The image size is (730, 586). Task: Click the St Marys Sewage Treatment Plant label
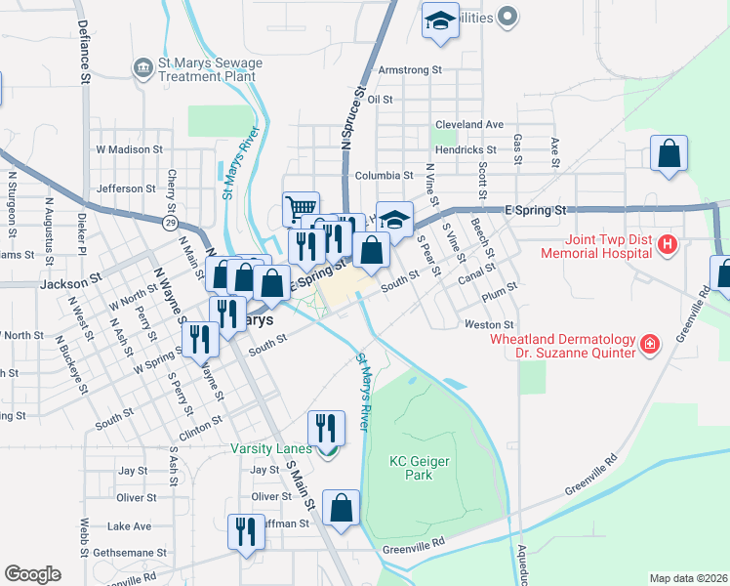click(209, 69)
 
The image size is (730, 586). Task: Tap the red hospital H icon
click(668, 243)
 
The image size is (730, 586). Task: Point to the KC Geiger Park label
click(410, 468)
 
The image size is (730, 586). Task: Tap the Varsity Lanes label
click(271, 449)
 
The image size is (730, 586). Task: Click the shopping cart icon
click(302, 209)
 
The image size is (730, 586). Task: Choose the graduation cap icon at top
click(440, 20)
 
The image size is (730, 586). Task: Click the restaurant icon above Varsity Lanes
click(326, 428)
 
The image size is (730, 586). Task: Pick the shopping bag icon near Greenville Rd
click(342, 509)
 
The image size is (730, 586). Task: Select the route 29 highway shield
click(170, 224)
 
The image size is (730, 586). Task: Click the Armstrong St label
click(410, 70)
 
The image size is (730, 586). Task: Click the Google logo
click(32, 574)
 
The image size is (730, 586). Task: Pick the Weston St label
click(489, 324)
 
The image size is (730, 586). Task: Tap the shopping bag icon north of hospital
click(669, 154)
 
